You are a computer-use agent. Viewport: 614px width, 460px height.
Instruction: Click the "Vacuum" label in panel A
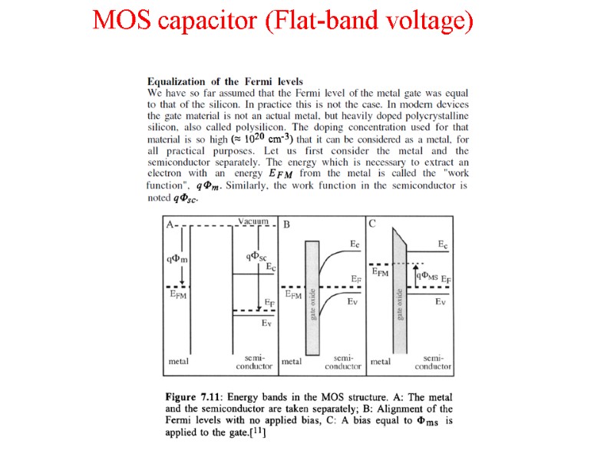click(x=253, y=222)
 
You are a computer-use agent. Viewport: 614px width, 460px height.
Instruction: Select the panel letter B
click(x=286, y=225)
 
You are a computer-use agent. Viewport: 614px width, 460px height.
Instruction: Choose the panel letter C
click(x=372, y=224)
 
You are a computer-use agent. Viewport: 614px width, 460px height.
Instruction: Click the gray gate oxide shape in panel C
click(x=399, y=291)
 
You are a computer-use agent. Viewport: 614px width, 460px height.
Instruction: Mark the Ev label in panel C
click(x=441, y=302)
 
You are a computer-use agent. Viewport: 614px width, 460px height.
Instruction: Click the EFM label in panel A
click(x=177, y=293)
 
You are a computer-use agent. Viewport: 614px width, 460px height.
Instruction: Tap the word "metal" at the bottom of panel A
click(x=179, y=360)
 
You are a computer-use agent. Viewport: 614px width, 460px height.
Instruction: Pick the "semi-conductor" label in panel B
click(x=342, y=362)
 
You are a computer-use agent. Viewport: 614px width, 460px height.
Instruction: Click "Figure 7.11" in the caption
click(x=194, y=397)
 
